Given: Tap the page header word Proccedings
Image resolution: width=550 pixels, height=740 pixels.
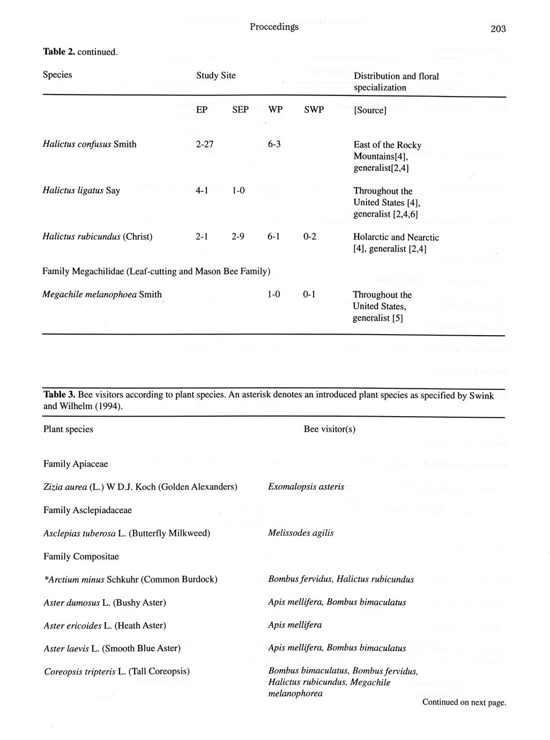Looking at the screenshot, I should click(x=274, y=27).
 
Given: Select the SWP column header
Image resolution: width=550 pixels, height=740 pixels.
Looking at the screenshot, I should click(x=314, y=110).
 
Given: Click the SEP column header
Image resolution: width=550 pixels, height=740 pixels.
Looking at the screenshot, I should click(x=240, y=110).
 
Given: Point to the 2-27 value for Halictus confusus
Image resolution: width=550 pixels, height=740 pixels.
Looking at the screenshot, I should click(x=206, y=144).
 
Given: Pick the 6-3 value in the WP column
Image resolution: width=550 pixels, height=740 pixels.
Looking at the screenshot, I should click(x=274, y=144).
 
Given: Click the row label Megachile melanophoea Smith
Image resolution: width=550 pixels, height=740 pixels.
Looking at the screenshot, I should click(x=102, y=294).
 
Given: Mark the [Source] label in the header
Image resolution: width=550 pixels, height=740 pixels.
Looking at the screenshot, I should click(x=370, y=110).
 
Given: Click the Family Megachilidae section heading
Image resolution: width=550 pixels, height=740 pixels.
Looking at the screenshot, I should click(x=156, y=271).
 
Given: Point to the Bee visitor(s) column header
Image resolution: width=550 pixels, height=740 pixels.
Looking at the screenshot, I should click(x=329, y=429).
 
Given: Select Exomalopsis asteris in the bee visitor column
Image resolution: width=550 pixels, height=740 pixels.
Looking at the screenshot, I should click(x=306, y=487).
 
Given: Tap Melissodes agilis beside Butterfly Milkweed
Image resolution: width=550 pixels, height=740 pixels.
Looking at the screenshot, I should click(x=301, y=533).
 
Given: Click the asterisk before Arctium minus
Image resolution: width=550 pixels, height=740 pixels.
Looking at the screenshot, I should click(x=46, y=579).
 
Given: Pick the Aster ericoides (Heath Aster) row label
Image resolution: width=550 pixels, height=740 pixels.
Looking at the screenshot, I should click(x=105, y=625).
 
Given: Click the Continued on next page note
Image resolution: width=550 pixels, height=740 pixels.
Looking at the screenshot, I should click(x=464, y=702).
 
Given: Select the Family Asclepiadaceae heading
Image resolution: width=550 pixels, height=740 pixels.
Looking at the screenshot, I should click(x=87, y=510).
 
